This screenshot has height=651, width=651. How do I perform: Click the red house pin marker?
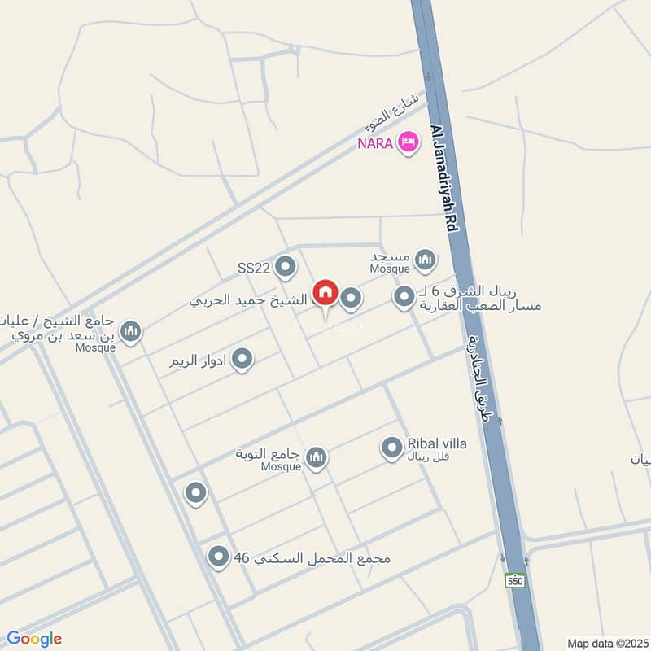[x=325, y=292]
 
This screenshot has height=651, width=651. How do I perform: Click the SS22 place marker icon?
[x=285, y=266]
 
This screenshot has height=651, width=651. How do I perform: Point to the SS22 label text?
[x=254, y=267]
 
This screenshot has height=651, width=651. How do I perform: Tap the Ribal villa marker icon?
[x=392, y=447]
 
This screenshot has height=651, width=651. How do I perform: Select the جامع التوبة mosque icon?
[x=317, y=457]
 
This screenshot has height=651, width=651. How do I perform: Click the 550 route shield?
[x=513, y=581]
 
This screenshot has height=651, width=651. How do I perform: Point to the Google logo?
[x=33, y=638]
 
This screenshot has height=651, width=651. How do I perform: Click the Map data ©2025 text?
[x=606, y=643]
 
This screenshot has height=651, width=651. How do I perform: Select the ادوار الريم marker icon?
[x=242, y=359]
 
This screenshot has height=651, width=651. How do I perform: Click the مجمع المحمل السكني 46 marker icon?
[x=217, y=557]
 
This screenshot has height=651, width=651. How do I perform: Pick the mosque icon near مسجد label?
[x=424, y=260]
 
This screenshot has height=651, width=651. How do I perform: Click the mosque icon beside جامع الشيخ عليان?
[x=130, y=331]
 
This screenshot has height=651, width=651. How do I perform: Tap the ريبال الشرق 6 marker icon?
[x=404, y=297]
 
